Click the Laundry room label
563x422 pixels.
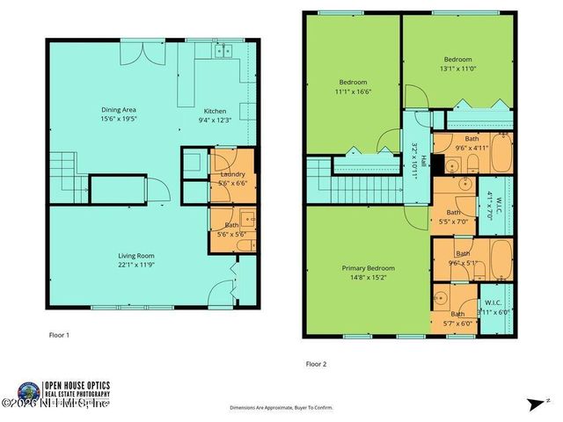(232, 174)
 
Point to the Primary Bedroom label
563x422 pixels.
(368, 268)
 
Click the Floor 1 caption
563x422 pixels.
(58, 334)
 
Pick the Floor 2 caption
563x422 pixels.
(316, 362)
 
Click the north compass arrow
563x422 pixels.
(535, 404)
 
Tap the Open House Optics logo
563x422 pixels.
(30, 392)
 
